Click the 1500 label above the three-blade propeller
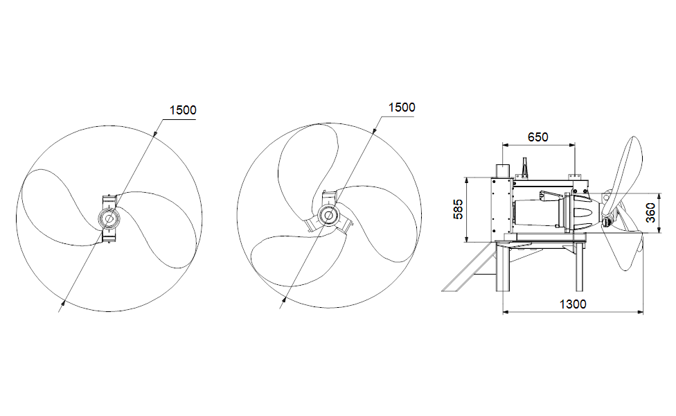click(x=402, y=107)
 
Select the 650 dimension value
click(x=537, y=137)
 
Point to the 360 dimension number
click(x=651, y=213)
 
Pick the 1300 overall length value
click(x=572, y=304)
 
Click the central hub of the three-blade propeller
click(x=328, y=216)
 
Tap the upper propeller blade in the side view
click(x=627, y=166)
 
